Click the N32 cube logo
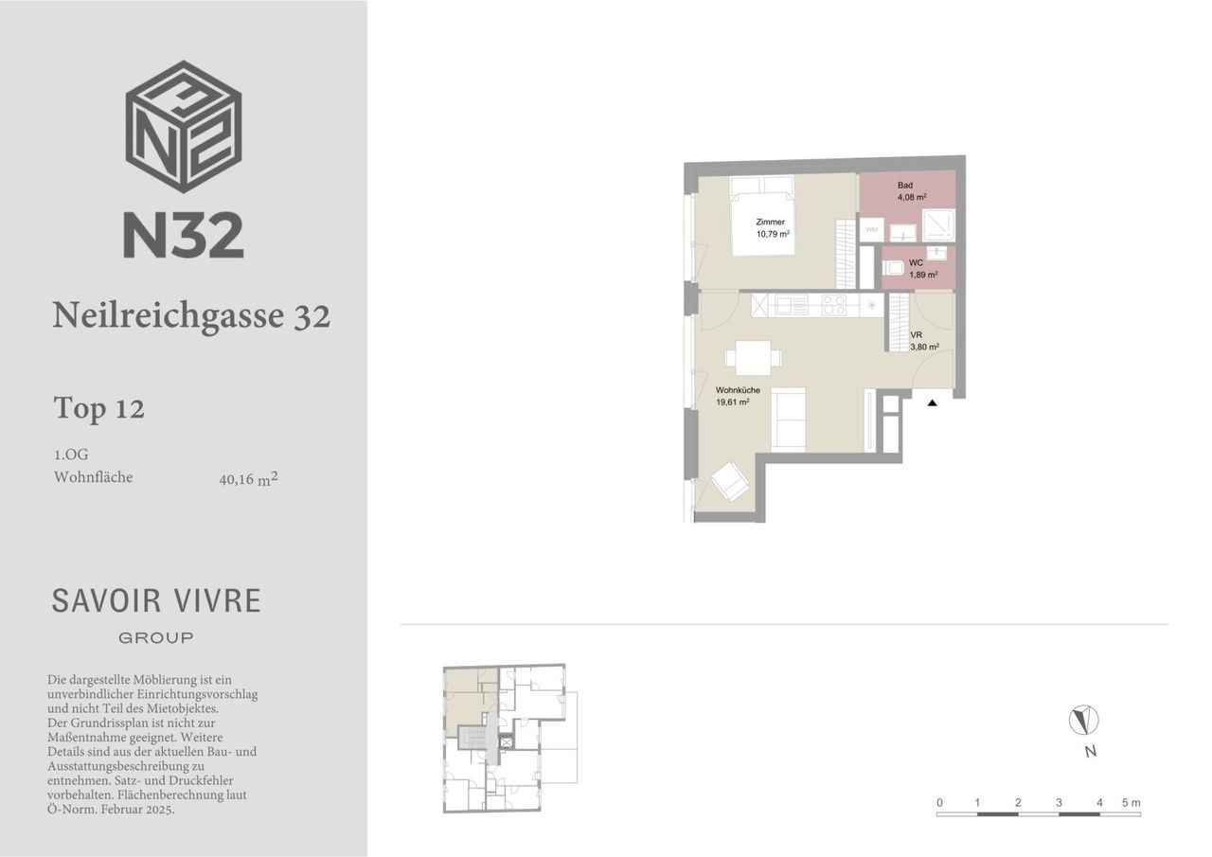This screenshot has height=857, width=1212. [184, 127]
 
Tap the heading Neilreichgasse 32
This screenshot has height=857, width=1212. [191, 315]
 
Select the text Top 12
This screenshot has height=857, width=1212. [99, 408]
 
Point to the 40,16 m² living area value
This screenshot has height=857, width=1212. [249, 479]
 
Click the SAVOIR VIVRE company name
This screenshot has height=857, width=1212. [156, 601]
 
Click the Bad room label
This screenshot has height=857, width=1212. [905, 185]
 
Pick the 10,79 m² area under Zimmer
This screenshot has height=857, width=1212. [773, 234]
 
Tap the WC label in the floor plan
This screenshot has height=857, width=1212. [916, 263]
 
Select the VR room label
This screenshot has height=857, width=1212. [916, 335]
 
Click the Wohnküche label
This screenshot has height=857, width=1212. [738, 390]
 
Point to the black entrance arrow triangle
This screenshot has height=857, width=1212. [933, 403]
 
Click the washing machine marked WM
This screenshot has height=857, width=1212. [872, 230]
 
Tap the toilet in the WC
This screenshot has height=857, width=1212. [893, 268]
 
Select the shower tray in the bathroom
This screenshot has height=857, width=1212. [938, 225]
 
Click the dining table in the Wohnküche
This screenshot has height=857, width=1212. [754, 358]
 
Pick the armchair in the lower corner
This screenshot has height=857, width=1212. [730, 480]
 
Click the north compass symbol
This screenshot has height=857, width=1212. [1084, 720]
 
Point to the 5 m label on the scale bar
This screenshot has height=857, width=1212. [1131, 803]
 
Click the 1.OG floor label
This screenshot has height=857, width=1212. [71, 455]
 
